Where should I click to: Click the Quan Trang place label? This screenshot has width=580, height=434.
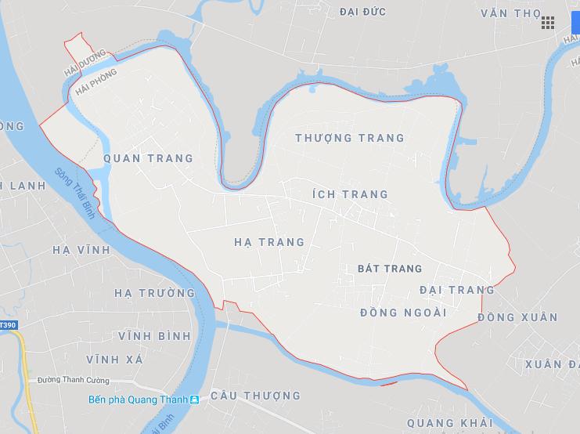pyautogui.click(x=148, y=158)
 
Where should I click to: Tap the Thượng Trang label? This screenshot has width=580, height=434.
pyautogui.click(x=350, y=138)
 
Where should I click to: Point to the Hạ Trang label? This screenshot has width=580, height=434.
pyautogui.click(x=269, y=242)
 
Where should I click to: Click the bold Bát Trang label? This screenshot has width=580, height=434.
pyautogui.click(x=389, y=269)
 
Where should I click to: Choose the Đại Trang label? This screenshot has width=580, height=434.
pyautogui.click(x=457, y=290)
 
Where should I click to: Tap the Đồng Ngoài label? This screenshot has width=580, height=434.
pyautogui.click(x=403, y=313)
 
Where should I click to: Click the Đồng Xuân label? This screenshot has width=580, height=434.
pyautogui.click(x=517, y=317)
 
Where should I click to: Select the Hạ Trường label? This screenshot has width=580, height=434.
pyautogui.click(x=154, y=293)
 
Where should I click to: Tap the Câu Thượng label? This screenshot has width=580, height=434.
pyautogui.click(x=255, y=396)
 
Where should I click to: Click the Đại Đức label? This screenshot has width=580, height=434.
pyautogui.click(x=364, y=12)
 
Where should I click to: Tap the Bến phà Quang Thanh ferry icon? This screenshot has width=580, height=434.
pyautogui.click(x=194, y=400)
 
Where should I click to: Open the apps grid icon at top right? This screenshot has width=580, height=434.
pyautogui.click(x=548, y=22)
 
